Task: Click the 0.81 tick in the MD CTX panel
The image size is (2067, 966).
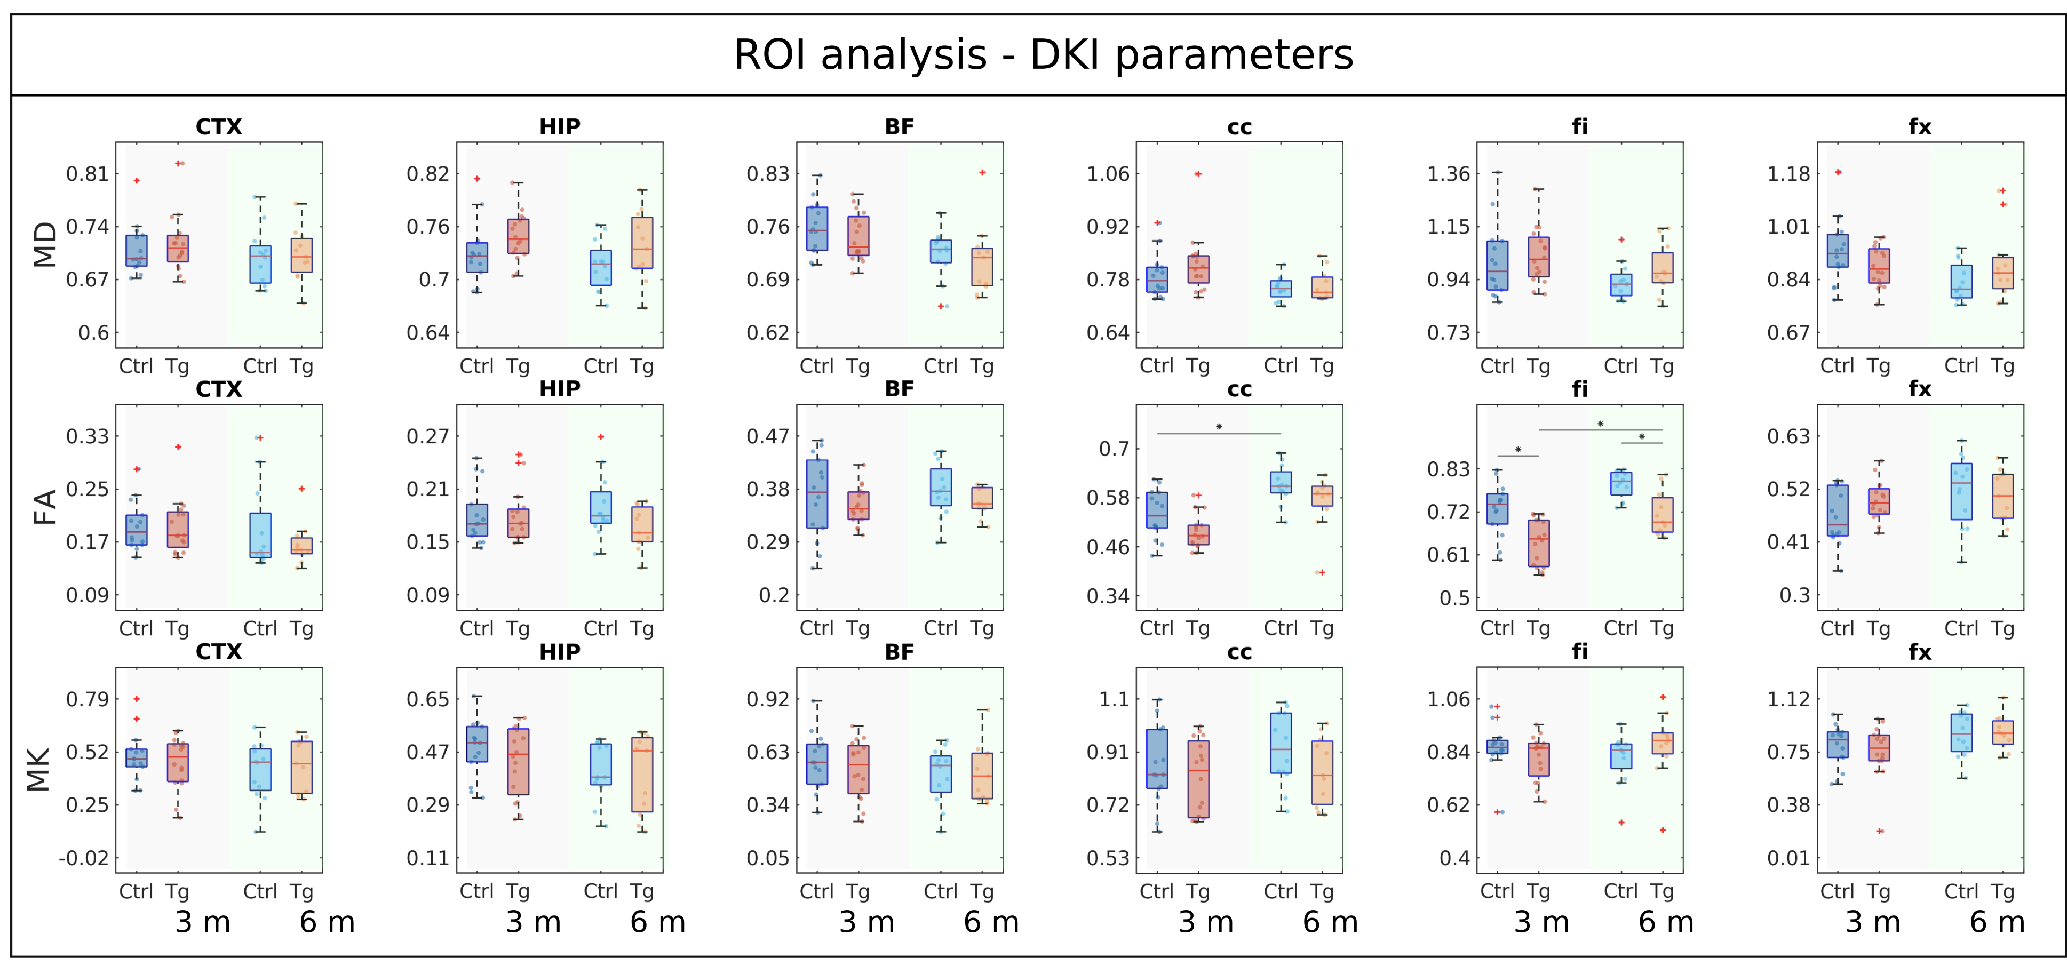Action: point(86,174)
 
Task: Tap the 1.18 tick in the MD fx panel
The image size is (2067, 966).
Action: point(1788,174)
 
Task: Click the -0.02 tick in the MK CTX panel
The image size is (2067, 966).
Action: point(83,858)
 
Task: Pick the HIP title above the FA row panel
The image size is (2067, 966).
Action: point(559,389)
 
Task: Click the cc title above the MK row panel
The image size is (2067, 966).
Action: point(1239,652)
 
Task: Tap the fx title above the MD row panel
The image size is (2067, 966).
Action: point(1919,127)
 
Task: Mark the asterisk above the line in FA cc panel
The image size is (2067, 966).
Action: point(1219,427)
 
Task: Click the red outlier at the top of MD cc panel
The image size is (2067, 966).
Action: point(1198,174)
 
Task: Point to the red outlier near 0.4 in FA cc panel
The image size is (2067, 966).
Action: point(1321,572)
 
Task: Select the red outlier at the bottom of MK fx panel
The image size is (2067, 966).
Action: point(1879,831)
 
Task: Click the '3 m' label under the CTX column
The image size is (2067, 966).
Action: point(202,923)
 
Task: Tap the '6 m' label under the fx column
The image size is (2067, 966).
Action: point(1997,923)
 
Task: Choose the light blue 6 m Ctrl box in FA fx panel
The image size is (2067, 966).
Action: point(1961,491)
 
